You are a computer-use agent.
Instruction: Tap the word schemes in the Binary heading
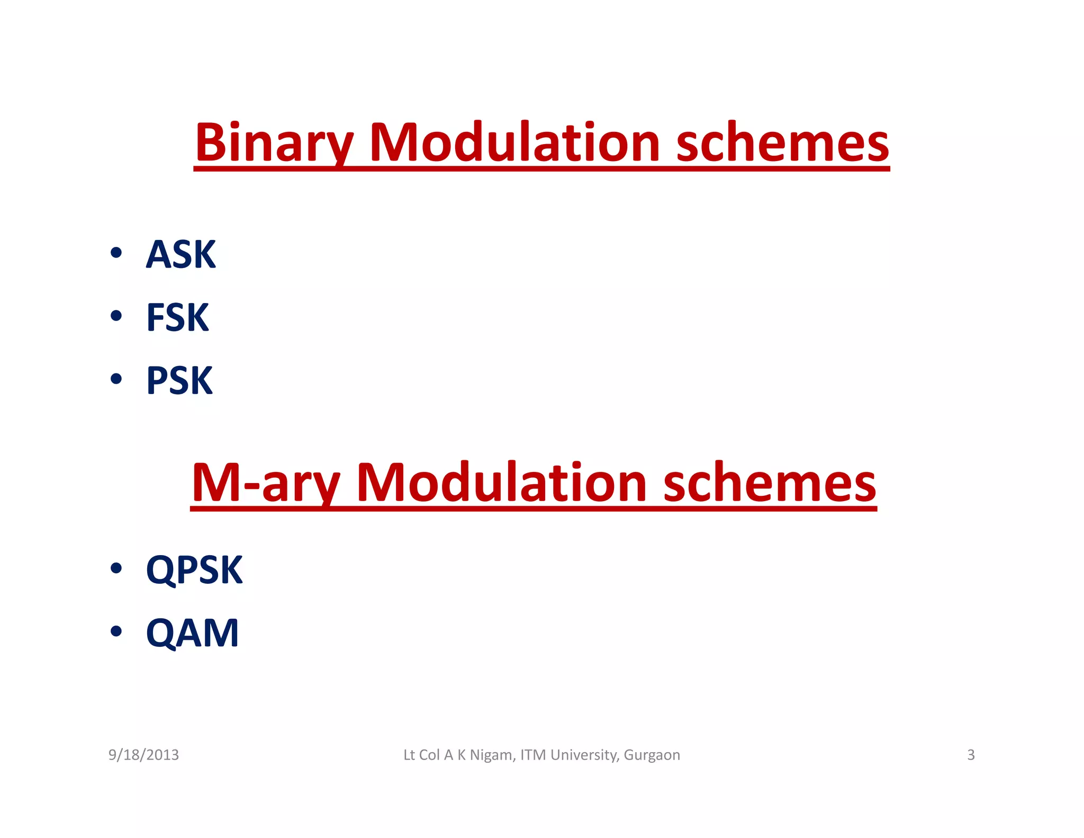pos(782,143)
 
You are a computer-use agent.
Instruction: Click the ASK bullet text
pos(180,255)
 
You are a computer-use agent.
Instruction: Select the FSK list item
pos(177,318)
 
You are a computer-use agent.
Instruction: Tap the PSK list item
pos(179,380)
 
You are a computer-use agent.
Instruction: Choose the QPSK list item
pos(194,570)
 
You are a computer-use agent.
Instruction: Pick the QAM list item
pos(192,633)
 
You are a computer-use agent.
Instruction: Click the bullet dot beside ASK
pos(116,253)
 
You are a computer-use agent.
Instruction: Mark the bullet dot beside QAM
pos(116,631)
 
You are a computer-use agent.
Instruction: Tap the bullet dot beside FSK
pos(116,316)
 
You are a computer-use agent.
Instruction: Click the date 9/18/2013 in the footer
pos(143,755)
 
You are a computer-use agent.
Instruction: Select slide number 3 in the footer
pos(971,755)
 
